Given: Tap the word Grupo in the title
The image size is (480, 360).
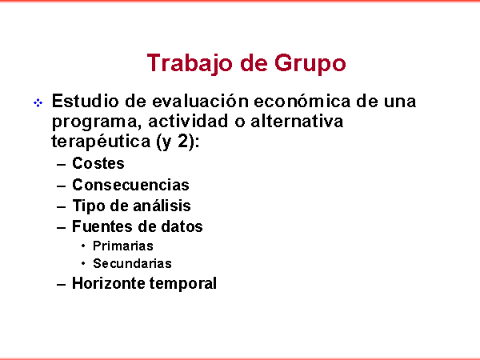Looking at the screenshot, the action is [x=310, y=64].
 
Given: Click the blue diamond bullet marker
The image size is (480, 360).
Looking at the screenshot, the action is [x=38, y=103].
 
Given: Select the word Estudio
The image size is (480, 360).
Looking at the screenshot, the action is [x=85, y=101].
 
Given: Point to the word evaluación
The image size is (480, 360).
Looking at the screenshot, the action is [x=200, y=101].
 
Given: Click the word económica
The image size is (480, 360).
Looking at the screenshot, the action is [x=302, y=101].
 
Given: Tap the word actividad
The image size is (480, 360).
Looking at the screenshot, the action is [x=188, y=121].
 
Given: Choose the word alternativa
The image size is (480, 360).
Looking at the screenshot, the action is [x=297, y=121].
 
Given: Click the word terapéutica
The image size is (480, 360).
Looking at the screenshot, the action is [x=101, y=142].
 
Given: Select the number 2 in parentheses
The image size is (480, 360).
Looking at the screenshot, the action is [x=182, y=141].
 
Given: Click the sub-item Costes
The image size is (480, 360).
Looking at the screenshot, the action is [x=98, y=163].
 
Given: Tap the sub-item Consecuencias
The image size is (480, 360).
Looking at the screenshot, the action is [x=130, y=185].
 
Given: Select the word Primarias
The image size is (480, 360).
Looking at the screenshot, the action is [x=123, y=246].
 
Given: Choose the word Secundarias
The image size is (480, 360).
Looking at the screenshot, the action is [x=132, y=263].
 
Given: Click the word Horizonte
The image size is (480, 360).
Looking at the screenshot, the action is [x=108, y=283].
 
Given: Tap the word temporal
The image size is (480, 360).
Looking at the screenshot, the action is [x=183, y=284].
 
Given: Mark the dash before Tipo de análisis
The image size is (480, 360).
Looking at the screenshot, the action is [x=62, y=207].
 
